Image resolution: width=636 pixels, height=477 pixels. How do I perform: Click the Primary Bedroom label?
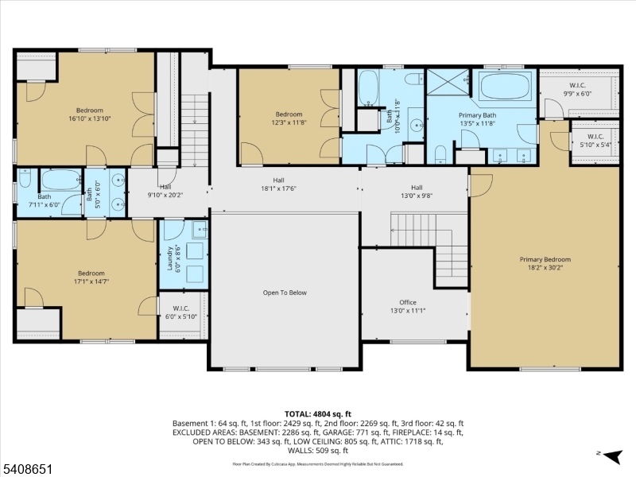[545, 264]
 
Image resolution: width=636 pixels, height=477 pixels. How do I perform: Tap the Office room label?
[408, 307]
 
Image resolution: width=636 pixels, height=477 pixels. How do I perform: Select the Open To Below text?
[285, 293]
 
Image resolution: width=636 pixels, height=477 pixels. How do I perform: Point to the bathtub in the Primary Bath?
[505, 86]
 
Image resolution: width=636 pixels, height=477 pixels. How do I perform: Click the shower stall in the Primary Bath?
[448, 83]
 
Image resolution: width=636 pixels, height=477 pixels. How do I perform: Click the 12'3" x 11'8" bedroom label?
[289, 118]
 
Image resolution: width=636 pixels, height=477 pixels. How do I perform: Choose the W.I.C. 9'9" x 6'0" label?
[578, 88]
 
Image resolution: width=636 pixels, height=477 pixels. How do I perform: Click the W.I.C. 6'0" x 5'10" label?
[180, 312]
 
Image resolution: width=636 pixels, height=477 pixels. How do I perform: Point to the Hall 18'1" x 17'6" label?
[278, 184]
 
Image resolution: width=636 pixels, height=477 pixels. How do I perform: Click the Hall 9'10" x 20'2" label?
[165, 190]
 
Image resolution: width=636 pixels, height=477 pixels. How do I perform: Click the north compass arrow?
[611, 456]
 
